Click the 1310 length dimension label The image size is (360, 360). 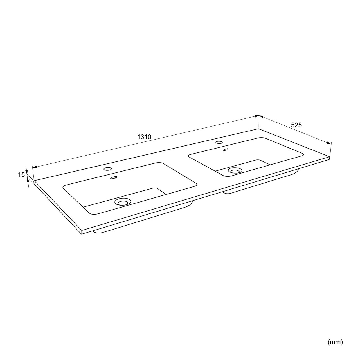point(144,137)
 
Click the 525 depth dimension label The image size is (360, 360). point(296,125)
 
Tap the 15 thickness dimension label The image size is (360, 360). point(21,175)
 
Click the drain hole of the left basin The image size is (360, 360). point(123,202)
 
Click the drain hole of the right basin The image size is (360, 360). point(235,170)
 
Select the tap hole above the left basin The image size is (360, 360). point(108,169)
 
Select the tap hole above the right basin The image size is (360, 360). point(219,142)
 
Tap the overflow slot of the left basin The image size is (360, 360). point(114,178)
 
